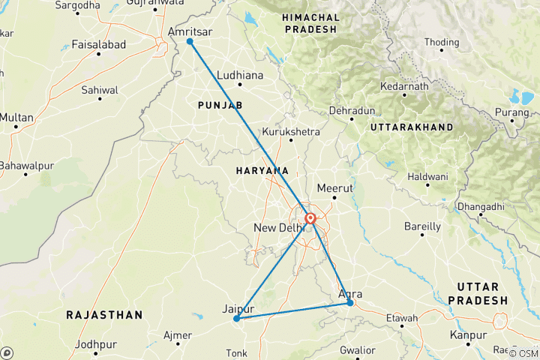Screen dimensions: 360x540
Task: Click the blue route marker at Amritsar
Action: (x=190, y=42)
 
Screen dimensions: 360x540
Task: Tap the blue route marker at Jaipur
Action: (x=236, y=319)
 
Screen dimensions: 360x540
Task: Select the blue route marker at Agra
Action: (x=350, y=303)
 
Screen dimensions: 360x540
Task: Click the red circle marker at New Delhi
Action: (x=310, y=219)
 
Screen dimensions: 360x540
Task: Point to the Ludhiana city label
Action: (x=240, y=76)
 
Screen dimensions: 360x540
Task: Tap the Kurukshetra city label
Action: (x=286, y=132)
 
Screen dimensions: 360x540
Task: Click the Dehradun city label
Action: (x=352, y=111)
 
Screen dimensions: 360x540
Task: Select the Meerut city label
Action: (x=334, y=187)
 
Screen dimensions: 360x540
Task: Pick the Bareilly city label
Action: (x=421, y=226)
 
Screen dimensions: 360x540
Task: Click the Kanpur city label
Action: (x=467, y=334)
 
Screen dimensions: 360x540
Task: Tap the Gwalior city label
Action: (x=356, y=350)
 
